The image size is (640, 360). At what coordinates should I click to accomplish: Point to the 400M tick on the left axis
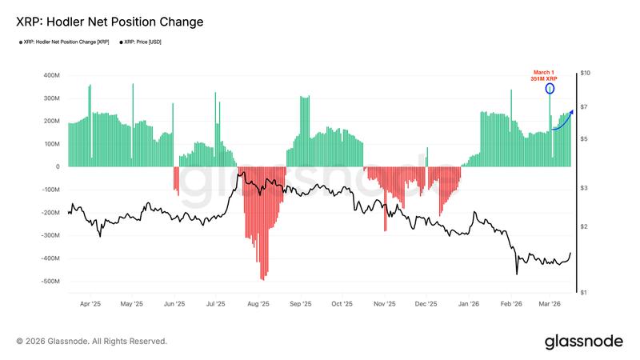[x=51, y=75]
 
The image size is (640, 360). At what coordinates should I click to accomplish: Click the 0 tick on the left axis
[x=58, y=167]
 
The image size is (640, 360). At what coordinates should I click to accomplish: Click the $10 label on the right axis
[x=586, y=74]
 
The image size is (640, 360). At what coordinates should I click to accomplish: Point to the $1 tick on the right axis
[x=584, y=293]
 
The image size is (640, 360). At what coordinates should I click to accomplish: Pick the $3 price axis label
[x=584, y=188]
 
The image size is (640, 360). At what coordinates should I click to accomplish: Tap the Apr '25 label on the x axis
[x=90, y=305]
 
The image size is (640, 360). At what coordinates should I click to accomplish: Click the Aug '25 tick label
[x=258, y=305]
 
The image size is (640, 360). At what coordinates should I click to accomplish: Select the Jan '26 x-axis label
[x=469, y=305]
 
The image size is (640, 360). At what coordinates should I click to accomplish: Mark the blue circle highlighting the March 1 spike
[x=550, y=89]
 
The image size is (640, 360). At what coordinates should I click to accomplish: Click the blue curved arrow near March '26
[x=562, y=121]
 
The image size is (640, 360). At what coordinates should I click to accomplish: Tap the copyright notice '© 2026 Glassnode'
[x=92, y=341]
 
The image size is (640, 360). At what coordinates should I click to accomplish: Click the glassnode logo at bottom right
[x=583, y=342]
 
